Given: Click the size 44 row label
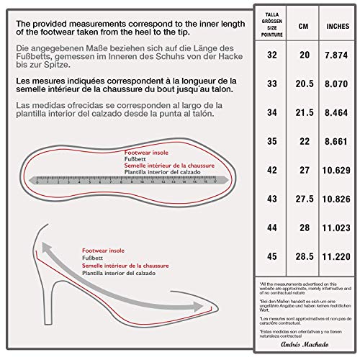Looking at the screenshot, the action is [271, 226].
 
